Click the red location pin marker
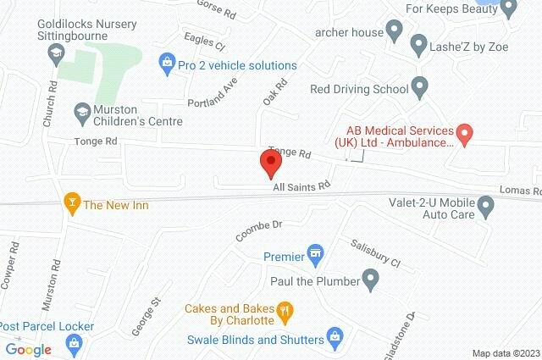[x=270, y=162]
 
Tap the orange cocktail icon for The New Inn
[x=71, y=203]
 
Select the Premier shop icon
[x=316, y=253]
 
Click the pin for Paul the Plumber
[x=369, y=277]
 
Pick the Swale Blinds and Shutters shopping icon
[x=335, y=336]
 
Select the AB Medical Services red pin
[x=464, y=133]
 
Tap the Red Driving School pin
[x=418, y=86]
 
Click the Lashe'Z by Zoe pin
[x=417, y=42]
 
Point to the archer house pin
[x=393, y=33]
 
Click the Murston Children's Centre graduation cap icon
[x=83, y=110]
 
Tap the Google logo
[x=29, y=349]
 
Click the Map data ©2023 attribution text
[x=506, y=353]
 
